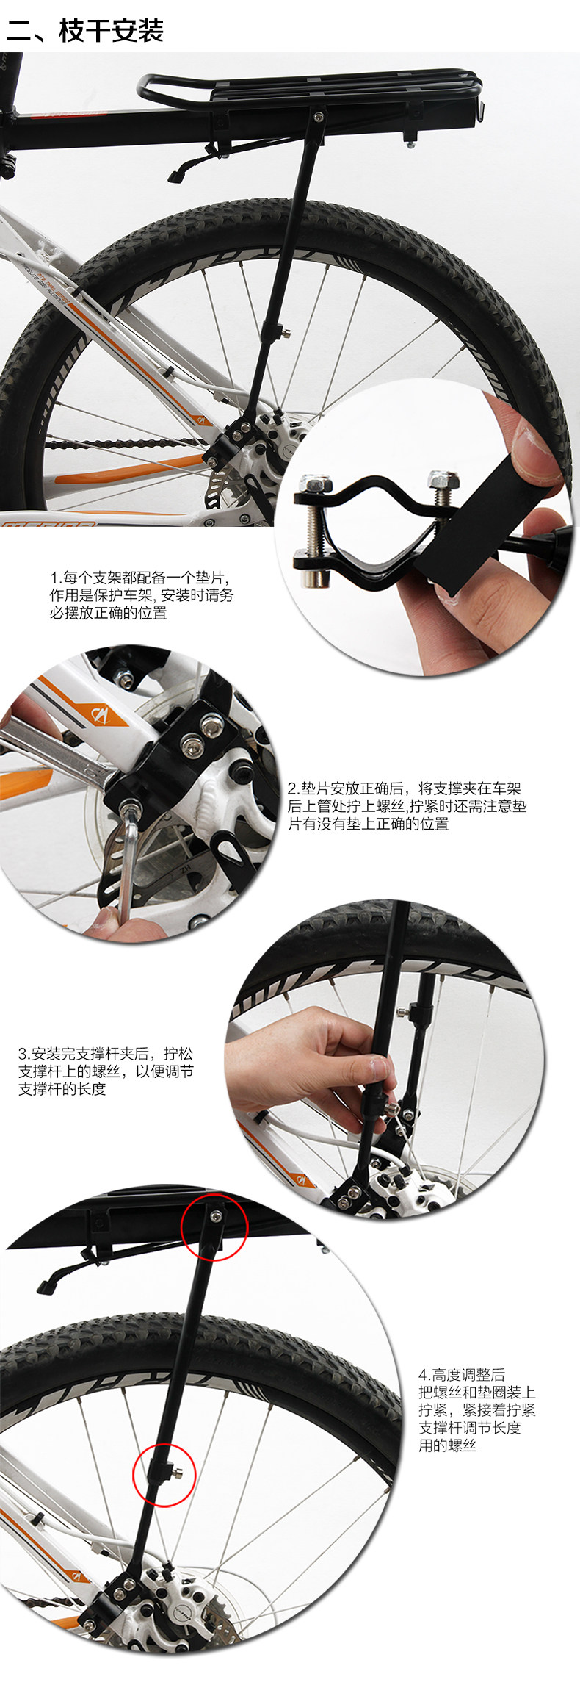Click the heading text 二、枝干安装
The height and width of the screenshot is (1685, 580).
pos(85,32)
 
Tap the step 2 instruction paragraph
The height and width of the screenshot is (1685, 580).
pos(407,806)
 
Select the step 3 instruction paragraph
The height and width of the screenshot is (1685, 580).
pos(106,1071)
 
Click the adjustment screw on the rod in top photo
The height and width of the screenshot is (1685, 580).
pos(283,332)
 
